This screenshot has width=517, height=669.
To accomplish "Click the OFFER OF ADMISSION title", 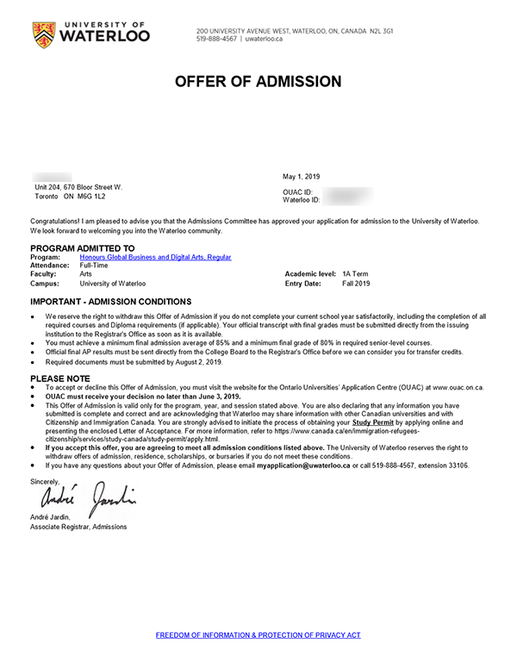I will (258, 82).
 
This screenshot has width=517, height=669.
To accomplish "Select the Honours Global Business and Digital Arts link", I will (155, 257).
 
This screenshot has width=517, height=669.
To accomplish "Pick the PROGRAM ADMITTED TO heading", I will (82, 248).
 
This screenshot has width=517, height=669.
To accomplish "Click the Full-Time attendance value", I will (94, 266).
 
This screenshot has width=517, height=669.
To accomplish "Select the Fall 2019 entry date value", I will (356, 283).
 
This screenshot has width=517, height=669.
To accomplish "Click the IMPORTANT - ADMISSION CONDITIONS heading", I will (111, 303).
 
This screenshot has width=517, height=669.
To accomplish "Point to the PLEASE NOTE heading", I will (59, 378).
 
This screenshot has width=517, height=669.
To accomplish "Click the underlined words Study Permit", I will (371, 422).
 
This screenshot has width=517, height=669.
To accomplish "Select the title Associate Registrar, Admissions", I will (78, 526).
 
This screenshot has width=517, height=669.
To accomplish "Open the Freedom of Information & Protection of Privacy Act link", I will (258, 635).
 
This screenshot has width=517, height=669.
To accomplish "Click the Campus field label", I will (44, 283).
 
